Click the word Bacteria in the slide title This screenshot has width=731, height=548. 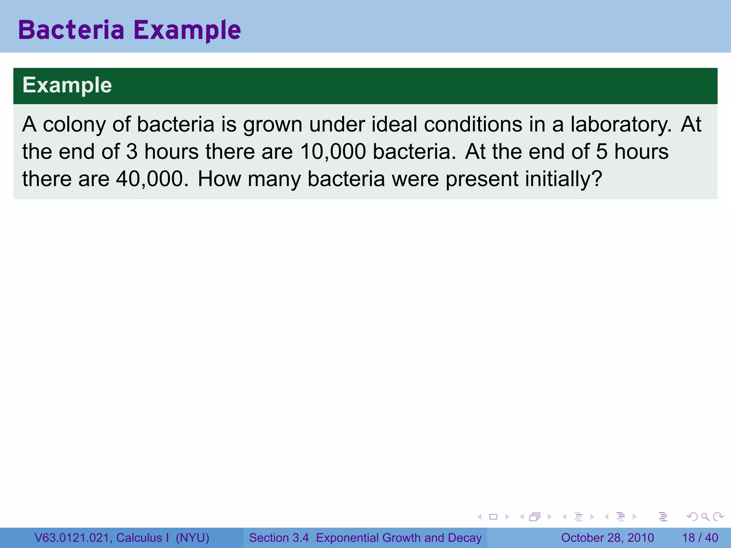(71, 30)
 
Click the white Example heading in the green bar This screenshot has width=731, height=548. (67, 85)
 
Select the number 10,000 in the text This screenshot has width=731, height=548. (333, 152)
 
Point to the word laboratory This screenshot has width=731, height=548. (620, 125)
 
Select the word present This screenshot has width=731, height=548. (482, 179)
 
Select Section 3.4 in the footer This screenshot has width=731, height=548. (279, 538)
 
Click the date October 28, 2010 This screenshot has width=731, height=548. (607, 538)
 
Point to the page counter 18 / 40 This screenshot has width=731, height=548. (700, 538)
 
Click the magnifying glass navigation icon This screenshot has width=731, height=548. (705, 517)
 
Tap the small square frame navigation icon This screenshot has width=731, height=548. (493, 517)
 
